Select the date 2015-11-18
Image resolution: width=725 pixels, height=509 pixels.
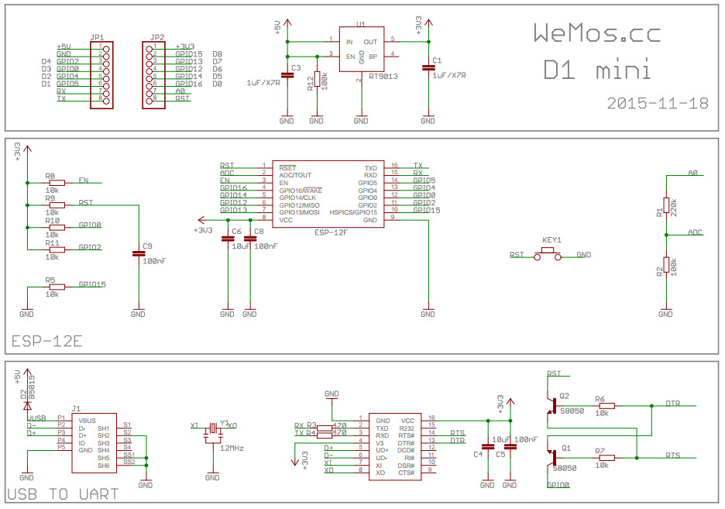coord(658,102)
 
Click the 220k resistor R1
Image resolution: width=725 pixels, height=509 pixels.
coord(665,208)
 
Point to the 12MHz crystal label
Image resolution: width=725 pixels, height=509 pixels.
coord(232,448)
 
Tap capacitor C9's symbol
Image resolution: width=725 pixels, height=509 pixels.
coord(138,253)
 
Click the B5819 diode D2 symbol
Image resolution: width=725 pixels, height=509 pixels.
coord(28,404)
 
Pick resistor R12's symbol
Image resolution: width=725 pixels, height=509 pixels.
coord(316,80)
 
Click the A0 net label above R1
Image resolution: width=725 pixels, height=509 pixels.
coord(693,173)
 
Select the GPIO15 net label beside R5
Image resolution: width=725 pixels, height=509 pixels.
coord(92,284)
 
